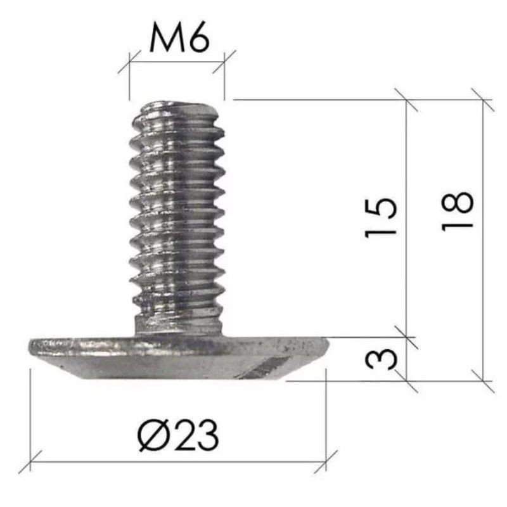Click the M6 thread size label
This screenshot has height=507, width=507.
pyautogui.click(x=179, y=38)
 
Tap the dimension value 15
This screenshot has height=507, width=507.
pyautogui.click(x=381, y=217)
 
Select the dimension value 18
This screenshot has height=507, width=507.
pyautogui.click(x=457, y=212)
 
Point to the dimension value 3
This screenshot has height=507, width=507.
pyautogui.click(x=381, y=360)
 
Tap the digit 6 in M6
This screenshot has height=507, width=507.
pyautogui.click(x=199, y=39)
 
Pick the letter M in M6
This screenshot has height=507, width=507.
pyautogui.click(x=167, y=39)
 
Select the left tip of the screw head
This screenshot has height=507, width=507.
pyautogui.click(x=30, y=346)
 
